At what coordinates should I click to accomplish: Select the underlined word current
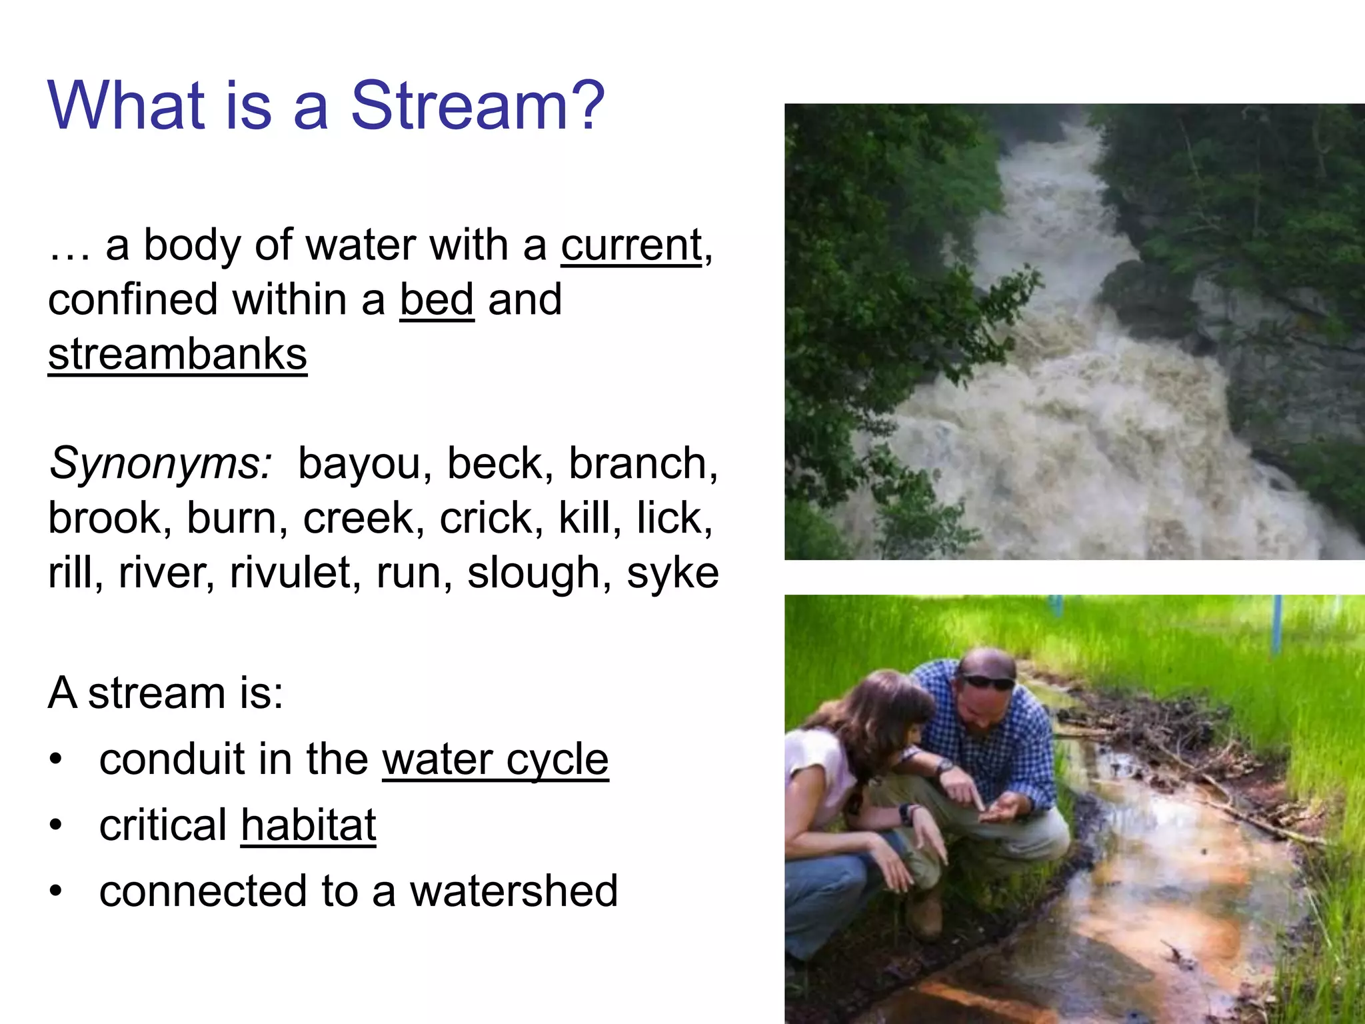point(631,245)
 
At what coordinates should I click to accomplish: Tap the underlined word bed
point(437,300)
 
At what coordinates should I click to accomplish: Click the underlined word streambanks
point(177,354)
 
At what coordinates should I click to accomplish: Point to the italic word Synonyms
point(160,463)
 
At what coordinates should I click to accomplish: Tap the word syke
point(672,573)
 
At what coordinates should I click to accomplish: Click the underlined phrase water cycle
point(495,759)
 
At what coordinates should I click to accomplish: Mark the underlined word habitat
point(309,825)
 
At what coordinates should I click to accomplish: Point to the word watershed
point(513,891)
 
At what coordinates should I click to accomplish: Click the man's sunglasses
point(988,681)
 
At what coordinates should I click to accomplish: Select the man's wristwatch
point(944,766)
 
